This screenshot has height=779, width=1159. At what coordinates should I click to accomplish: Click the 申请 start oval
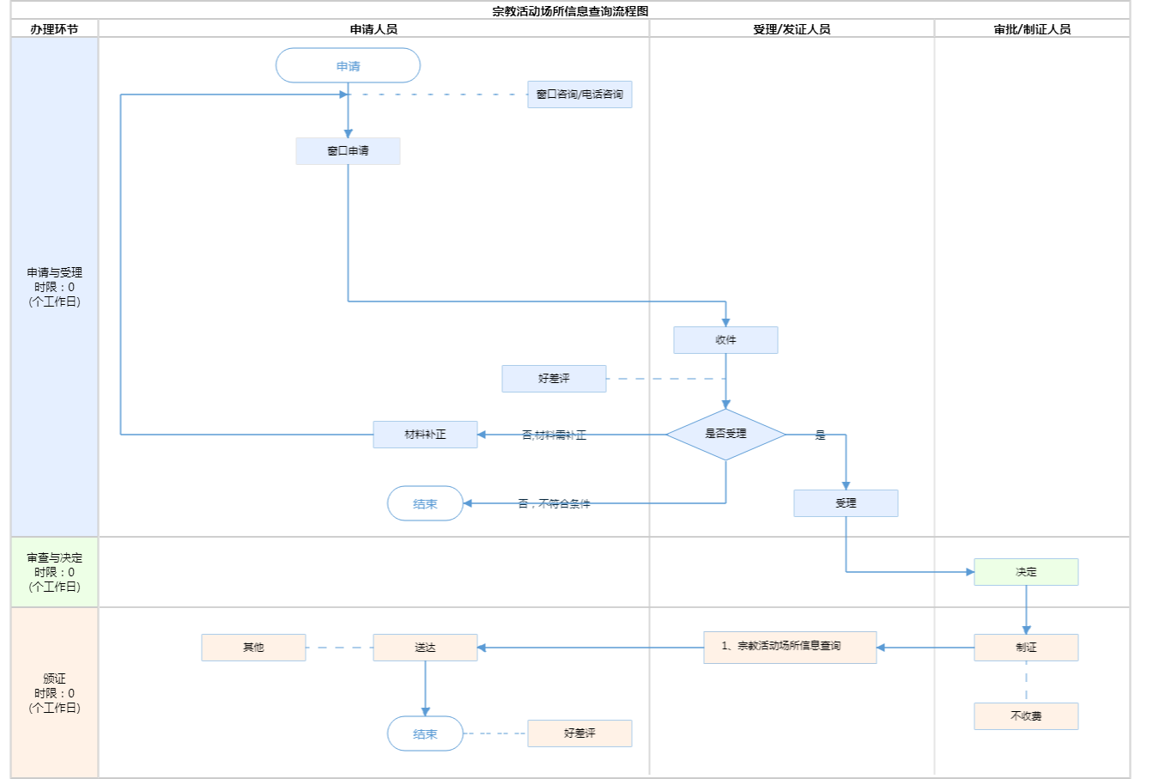click(x=348, y=66)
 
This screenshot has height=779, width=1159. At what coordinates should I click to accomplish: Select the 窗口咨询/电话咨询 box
click(x=579, y=94)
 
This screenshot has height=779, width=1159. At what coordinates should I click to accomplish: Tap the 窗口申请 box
click(x=348, y=151)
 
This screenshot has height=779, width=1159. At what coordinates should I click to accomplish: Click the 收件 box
click(x=725, y=340)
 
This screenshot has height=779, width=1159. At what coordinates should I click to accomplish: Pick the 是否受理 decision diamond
click(x=725, y=435)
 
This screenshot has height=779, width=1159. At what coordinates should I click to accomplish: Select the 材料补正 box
click(x=425, y=435)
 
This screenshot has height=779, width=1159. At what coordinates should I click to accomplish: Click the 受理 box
click(x=846, y=503)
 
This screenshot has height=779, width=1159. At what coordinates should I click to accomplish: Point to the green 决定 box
click(x=1026, y=572)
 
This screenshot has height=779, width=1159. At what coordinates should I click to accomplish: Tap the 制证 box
click(x=1026, y=648)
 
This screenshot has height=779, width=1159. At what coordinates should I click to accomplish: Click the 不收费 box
click(x=1026, y=716)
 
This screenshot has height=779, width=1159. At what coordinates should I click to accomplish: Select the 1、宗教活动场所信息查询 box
click(x=790, y=647)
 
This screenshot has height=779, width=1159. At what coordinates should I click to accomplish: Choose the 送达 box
click(x=425, y=648)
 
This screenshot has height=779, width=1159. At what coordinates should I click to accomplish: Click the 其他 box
click(x=253, y=648)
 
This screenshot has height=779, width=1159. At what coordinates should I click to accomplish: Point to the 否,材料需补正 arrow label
click(x=554, y=435)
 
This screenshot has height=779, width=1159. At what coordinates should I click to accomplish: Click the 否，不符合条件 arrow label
click(x=554, y=504)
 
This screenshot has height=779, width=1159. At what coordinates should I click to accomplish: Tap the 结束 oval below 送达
click(x=425, y=734)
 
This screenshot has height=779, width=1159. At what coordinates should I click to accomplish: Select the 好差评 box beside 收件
click(x=554, y=379)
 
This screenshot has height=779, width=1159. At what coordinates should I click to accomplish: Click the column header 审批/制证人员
click(x=1032, y=29)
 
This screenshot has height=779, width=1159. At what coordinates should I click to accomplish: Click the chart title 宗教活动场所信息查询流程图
click(x=570, y=11)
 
